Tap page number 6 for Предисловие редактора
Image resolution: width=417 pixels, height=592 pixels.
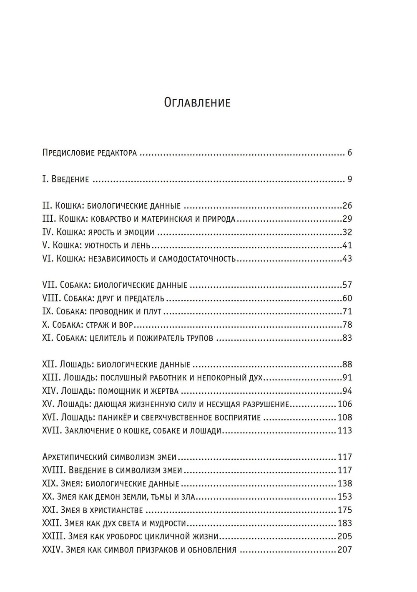pyautogui.click(x=349, y=153)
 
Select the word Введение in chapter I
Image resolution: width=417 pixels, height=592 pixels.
pyautogui.click(x=70, y=180)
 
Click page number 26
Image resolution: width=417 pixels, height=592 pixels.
pyautogui.click(x=347, y=206)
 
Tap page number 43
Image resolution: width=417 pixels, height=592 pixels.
pyautogui.click(x=347, y=259)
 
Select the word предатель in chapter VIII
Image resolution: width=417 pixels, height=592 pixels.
pyautogui.click(x=144, y=299)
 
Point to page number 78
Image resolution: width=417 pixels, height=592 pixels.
pyautogui.click(x=347, y=325)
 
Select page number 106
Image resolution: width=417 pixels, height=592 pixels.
pyautogui.click(x=345, y=404)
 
